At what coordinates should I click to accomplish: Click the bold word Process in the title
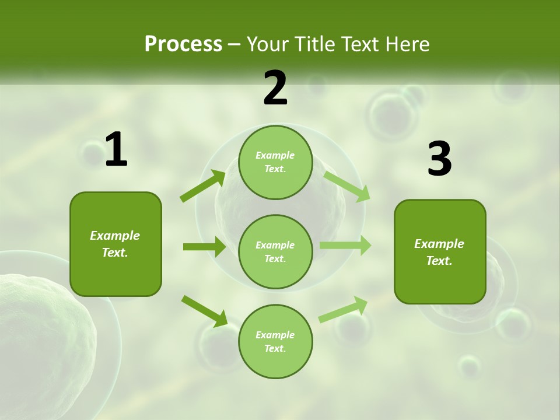coord(183,44)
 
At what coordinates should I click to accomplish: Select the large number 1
coord(116,150)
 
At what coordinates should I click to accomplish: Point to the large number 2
coord(275,88)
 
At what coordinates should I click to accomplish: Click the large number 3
coord(439,159)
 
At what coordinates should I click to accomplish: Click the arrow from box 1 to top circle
coord(203,185)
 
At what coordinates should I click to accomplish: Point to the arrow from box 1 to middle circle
coord(204,247)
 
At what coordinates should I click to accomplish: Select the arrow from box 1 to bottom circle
coord(205,311)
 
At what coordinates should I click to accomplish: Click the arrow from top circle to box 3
coord(347,186)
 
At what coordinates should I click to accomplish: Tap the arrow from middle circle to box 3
coord(345,245)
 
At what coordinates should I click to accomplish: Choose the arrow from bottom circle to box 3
coord(343,309)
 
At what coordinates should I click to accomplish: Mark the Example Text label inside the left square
coord(116,244)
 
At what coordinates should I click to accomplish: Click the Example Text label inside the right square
coord(439,252)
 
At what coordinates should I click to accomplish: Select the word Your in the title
coord(267,44)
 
